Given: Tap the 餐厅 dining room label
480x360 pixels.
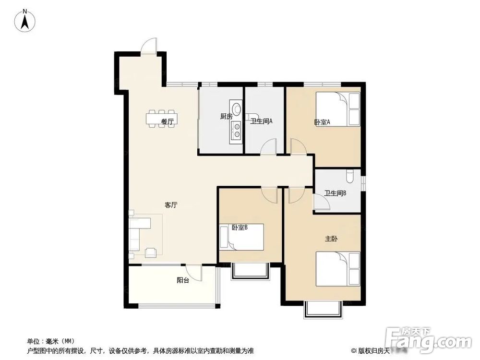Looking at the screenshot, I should point(167,122).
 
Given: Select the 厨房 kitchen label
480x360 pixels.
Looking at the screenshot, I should point(226,117).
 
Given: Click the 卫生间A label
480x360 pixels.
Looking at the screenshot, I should point(261,121).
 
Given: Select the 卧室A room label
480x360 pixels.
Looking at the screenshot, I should point(323,122).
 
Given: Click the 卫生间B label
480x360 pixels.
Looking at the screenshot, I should point(336,194).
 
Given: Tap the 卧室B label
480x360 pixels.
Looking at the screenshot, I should point(239,228).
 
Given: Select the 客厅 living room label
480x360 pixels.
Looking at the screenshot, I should point(171,205).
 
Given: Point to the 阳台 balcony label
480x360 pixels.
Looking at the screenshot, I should point(182,280).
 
